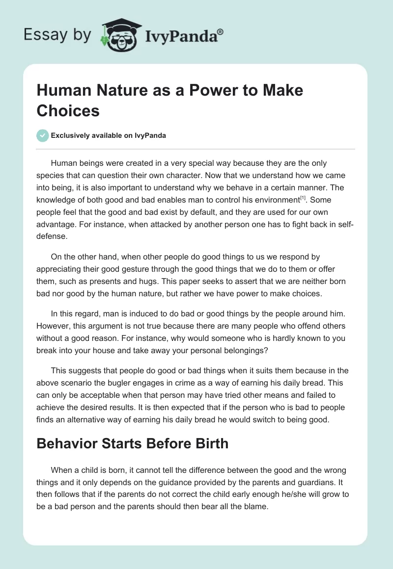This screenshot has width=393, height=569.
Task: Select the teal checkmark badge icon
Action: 43,135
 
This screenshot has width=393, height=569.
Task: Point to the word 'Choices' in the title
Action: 68,111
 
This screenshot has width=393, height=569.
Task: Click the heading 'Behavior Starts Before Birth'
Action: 133,443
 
